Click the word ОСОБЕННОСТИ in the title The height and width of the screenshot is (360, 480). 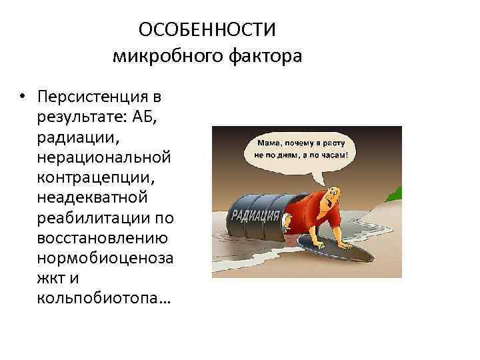point(207,30)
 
